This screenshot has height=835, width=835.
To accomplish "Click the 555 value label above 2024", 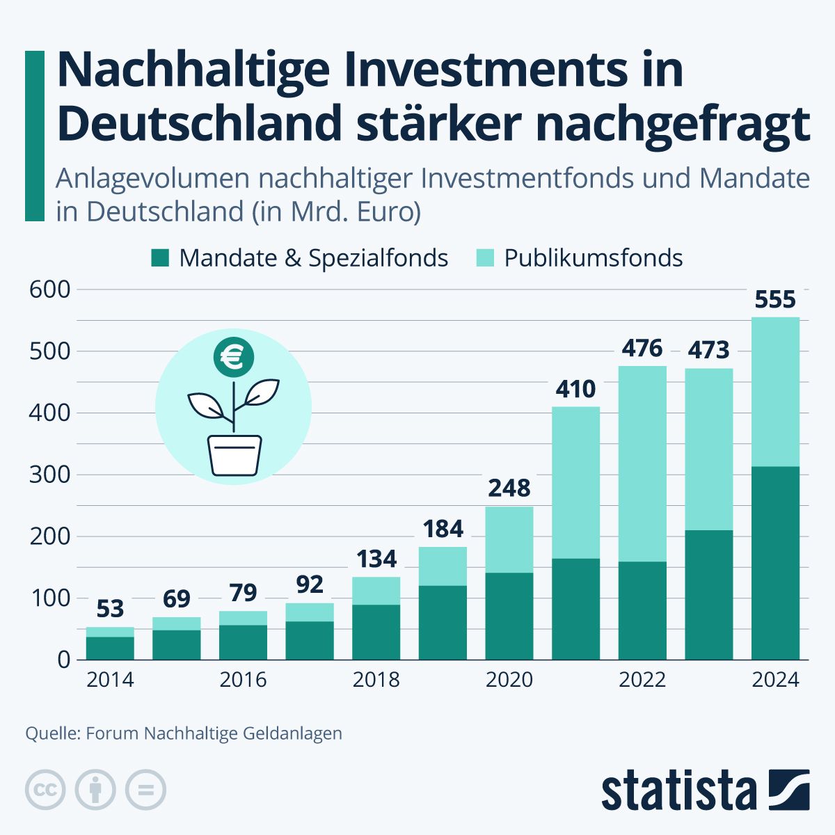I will [x=775, y=300].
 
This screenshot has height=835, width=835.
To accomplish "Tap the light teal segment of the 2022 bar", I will [x=642, y=463].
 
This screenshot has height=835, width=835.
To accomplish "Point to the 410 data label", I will [x=575, y=389].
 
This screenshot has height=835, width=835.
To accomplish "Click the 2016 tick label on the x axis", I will [x=243, y=679].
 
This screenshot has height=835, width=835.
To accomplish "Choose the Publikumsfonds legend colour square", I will [x=485, y=258].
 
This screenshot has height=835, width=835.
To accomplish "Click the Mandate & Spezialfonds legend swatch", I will [x=159, y=258].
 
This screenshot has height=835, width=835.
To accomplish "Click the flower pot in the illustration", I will [x=235, y=456].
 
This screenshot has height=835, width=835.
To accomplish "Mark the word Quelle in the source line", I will [x=52, y=733].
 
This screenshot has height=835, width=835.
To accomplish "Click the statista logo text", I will [x=678, y=790].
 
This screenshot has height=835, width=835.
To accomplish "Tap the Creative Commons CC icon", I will [x=45, y=790].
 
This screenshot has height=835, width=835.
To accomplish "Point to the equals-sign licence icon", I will [x=146, y=790].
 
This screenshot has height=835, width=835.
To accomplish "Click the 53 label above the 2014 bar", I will [x=110, y=609].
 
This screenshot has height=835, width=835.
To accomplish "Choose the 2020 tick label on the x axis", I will [x=509, y=679].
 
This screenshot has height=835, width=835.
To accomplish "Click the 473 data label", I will [x=708, y=350].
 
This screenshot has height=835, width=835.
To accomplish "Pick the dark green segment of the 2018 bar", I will [x=376, y=632].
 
